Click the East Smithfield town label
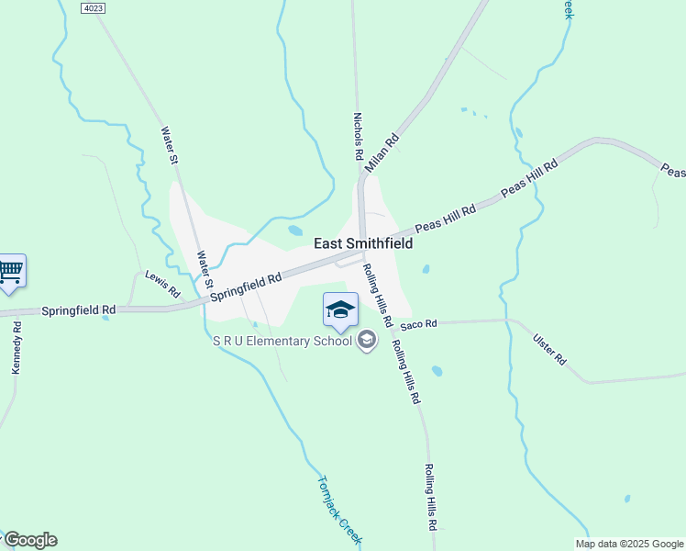pos(363,243)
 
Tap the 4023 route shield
pos(93,7)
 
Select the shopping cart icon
pos(10,272)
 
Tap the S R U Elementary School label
pos(282,342)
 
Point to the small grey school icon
pos(367,342)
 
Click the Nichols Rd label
pos(359,136)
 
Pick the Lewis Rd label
pos(163,285)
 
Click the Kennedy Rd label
pos(17,347)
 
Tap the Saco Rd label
pos(417,323)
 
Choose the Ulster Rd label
pos(550,350)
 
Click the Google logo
pos(29,540)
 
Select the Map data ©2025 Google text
pos(630,544)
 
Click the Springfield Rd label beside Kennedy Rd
pos(79,311)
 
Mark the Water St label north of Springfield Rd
pos(171,146)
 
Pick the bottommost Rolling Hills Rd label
pos(429,497)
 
